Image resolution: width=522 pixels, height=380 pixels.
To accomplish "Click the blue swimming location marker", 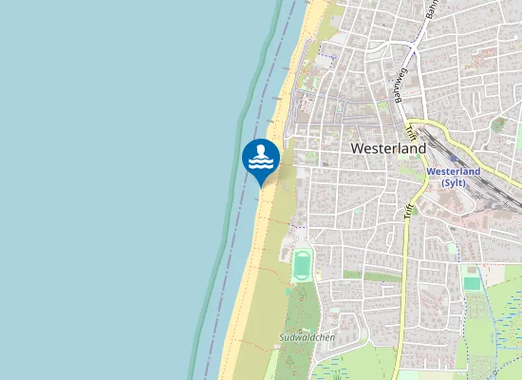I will tap(260, 159).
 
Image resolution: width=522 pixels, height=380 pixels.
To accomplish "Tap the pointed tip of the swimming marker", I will tap(260, 184).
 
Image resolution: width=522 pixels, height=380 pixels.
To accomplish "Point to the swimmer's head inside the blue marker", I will tap(260, 149).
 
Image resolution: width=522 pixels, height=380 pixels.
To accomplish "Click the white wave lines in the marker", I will tap(260, 164).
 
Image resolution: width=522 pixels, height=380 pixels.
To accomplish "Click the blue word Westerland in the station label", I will tap(454, 172).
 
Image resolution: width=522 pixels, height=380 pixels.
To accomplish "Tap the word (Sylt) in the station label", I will tap(454, 183).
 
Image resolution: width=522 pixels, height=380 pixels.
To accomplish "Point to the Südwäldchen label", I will tap(307, 337).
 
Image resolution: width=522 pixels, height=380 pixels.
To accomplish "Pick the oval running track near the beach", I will tap(302, 265).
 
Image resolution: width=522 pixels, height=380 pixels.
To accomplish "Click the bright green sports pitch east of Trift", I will tap(472, 282).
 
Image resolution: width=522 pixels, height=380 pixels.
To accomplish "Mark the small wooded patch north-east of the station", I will tap(498, 124).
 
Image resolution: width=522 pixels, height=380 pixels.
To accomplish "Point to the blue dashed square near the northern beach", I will tap(326, 58).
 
